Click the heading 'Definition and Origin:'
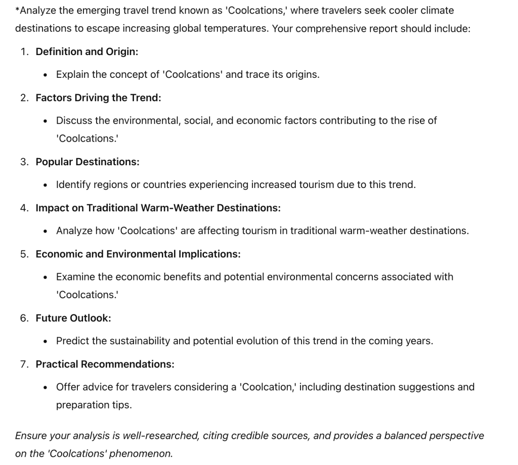click(x=87, y=52)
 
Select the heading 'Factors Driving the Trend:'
click(x=98, y=98)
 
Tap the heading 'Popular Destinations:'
click(x=87, y=162)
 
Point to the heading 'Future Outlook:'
click(x=73, y=318)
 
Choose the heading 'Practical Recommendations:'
click(x=105, y=364)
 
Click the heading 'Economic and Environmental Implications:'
click(x=138, y=254)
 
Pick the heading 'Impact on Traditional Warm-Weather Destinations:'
click(x=158, y=208)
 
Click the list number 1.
click(x=24, y=52)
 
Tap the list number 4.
click(x=24, y=208)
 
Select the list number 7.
click(x=24, y=364)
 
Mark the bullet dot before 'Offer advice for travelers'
click(x=46, y=387)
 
